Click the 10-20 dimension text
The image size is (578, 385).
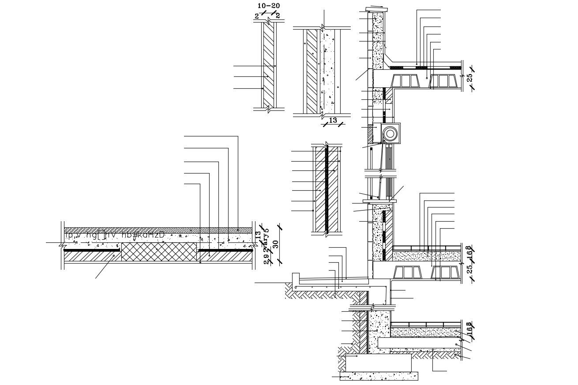[268, 6]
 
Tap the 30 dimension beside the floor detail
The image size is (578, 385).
[276, 244]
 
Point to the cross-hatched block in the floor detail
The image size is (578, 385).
[159, 252]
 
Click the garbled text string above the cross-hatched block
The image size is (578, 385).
[115, 235]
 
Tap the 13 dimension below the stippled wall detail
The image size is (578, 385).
[333, 120]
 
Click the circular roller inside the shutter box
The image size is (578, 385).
[390, 133]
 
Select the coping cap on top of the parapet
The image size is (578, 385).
[378, 10]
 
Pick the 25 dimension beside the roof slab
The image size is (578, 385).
[470, 77]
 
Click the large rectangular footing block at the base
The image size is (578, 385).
[378, 362]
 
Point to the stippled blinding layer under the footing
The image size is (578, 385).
[379, 376]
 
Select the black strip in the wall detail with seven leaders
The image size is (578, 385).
[327, 190]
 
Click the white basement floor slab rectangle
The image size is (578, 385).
[419, 343]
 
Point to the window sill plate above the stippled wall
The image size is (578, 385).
[379, 201]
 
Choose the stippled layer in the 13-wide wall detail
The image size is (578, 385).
[328, 71]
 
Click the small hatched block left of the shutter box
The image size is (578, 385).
[370, 134]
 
